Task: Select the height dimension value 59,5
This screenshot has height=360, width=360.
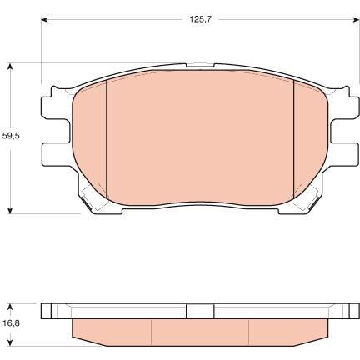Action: [x=11, y=136]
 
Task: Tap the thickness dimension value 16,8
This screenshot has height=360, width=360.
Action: [x=11, y=323]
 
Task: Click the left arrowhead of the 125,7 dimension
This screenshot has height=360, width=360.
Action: [x=45, y=19]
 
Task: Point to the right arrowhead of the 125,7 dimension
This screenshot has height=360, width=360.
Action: [x=356, y=19]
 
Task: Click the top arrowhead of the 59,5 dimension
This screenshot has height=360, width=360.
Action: [x=10, y=67]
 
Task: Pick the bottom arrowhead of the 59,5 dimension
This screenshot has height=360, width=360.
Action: [x=10, y=209]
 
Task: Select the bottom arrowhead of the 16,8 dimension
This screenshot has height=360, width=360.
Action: [x=10, y=342]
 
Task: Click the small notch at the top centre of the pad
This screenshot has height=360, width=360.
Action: [x=200, y=66]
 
